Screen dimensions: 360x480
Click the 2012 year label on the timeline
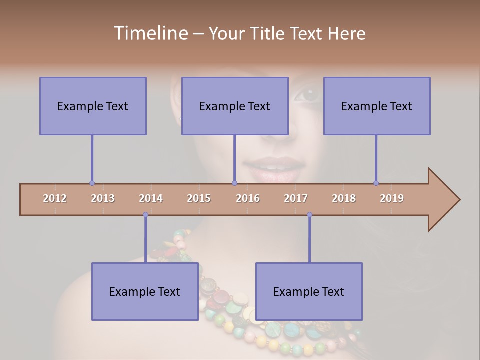55,198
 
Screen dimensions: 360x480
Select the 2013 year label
103,198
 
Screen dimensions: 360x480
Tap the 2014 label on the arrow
151,198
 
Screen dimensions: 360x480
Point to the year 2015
199,198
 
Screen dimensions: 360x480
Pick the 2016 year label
248,198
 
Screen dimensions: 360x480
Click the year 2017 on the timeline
296,198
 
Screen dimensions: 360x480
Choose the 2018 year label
344,198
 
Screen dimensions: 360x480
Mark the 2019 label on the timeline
392,198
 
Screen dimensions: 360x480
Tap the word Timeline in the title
149,33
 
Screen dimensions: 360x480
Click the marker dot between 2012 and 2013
92,183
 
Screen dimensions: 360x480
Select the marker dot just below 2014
145,215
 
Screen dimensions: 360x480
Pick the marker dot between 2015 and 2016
234,183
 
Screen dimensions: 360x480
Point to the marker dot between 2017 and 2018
309,215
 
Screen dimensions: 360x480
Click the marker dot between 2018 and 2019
376,183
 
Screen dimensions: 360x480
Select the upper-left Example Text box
93,106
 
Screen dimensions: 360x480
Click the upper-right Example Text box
377,106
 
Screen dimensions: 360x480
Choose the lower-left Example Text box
145,291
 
